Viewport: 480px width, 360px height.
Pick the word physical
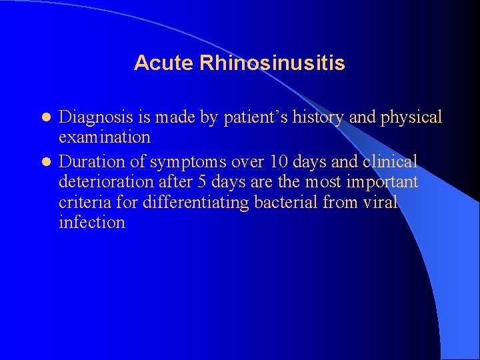411,118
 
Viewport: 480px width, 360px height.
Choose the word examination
105,138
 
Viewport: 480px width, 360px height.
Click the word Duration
91,162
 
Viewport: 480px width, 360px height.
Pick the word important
380,182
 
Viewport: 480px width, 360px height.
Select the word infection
92,223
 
